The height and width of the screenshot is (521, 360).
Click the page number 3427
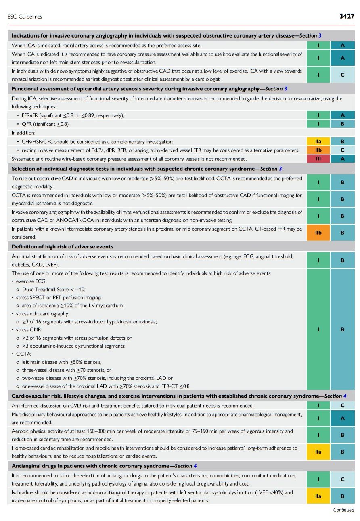347,17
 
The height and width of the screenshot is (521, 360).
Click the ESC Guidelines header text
25,17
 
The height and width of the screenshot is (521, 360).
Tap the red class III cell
318,159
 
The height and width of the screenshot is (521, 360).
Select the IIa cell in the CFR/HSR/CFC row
318,141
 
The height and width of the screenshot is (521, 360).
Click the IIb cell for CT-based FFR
318,233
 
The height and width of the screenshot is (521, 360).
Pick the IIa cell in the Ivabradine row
318,496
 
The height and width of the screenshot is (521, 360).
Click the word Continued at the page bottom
343,510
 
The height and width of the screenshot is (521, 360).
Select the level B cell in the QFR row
342,124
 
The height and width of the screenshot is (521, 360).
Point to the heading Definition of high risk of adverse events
63,246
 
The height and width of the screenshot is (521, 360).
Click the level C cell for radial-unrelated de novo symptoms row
342,75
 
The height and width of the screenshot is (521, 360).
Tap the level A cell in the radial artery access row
342,46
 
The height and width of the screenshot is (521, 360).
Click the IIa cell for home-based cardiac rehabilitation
318,452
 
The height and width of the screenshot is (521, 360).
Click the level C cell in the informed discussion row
342,405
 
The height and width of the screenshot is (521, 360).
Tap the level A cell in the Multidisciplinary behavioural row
342,419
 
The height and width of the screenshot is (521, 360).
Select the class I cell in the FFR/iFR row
318,115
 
